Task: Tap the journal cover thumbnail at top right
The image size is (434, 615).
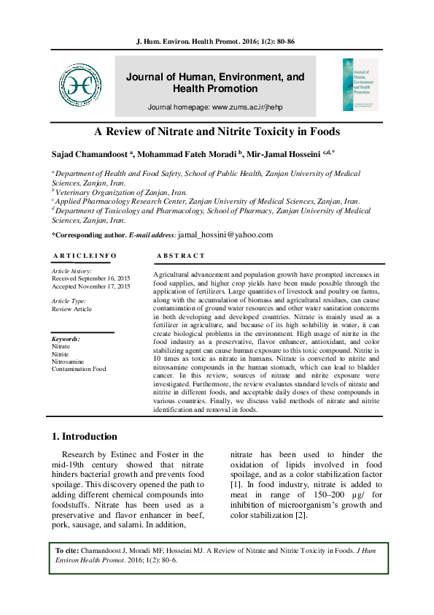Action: tap(360, 85)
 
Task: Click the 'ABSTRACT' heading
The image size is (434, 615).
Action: tap(181, 256)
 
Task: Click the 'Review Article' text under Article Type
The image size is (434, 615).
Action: tap(71, 309)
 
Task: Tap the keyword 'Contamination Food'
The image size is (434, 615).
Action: tap(79, 370)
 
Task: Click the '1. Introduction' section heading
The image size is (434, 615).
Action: tap(85, 437)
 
